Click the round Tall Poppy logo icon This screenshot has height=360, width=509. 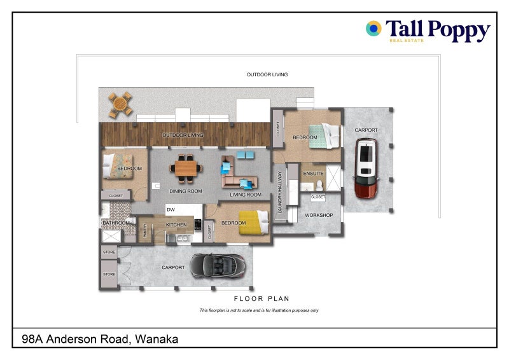pos(373,28)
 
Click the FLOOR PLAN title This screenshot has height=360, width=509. pos(261,298)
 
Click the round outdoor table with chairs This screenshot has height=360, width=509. pos(120,104)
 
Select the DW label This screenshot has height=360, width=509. pos(171,209)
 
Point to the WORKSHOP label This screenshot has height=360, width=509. pos(319,216)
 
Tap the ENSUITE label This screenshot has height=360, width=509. pos(313,173)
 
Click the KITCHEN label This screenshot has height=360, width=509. pos(176,225)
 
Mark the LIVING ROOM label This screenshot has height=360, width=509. pos(246,195)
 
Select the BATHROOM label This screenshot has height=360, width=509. pos(116,223)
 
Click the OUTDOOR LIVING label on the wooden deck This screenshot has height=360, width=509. pos(183,135)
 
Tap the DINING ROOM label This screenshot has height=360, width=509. pos(186,191)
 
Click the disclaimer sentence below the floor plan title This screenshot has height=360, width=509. pos(259,310)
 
